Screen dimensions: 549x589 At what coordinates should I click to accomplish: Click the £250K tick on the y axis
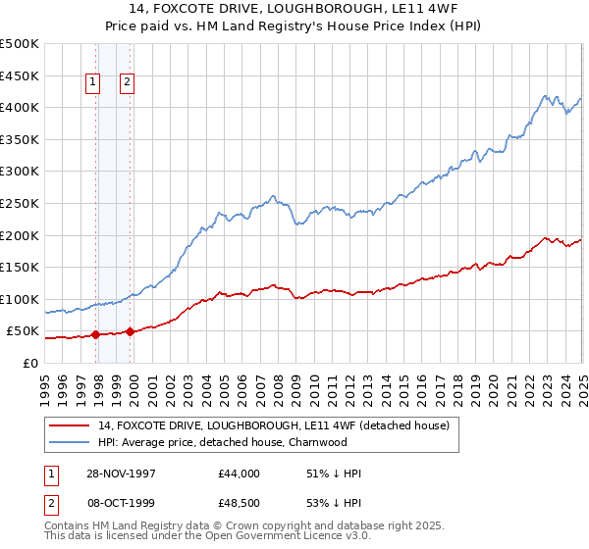click(x=19, y=203)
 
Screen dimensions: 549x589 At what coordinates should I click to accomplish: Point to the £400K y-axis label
click(x=19, y=107)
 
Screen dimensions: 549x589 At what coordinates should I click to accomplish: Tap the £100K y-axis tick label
click(x=19, y=299)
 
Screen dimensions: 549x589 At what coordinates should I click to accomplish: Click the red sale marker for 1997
click(x=96, y=334)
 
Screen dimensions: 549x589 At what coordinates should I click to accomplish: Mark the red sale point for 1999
click(x=130, y=331)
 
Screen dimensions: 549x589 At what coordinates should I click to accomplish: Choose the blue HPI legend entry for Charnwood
click(x=223, y=442)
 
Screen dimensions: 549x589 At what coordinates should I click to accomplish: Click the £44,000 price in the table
click(x=239, y=474)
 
